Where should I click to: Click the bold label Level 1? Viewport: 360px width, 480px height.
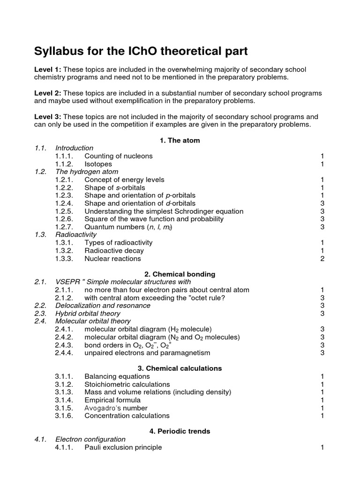[48, 69]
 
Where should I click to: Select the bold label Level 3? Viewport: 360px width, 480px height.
[48, 116]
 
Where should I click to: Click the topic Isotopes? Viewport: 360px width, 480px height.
[99, 164]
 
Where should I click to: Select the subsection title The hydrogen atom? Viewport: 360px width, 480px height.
[86, 172]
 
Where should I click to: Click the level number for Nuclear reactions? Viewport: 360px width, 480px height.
[322, 258]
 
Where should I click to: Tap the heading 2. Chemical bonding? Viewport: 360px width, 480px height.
[180, 274]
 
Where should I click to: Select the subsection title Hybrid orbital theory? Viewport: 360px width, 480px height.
[88, 313]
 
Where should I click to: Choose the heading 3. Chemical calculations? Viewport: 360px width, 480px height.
[180, 368]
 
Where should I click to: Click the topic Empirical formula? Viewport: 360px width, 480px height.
[112, 400]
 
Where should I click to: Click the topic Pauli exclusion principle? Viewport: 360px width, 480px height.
[123, 447]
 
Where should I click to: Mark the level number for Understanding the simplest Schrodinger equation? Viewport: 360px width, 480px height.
[322, 211]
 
